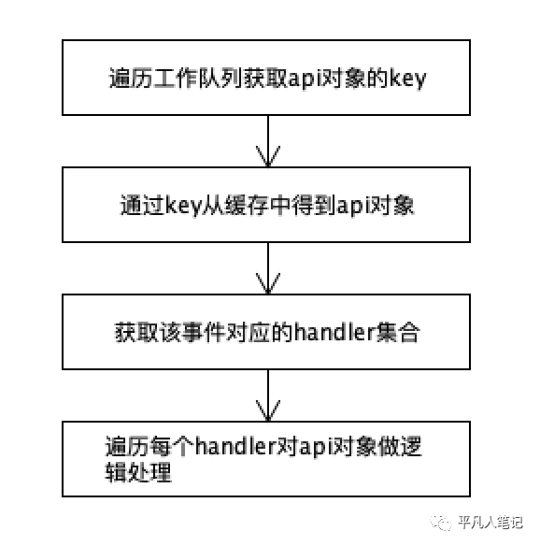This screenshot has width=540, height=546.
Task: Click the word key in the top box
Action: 407,79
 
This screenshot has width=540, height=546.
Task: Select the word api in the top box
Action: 303,79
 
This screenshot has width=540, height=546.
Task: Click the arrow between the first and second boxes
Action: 268,141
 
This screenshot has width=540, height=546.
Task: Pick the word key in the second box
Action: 183,206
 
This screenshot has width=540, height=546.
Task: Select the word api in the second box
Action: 351,206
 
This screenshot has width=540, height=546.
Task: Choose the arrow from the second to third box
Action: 268,268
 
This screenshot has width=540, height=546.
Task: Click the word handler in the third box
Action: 334,332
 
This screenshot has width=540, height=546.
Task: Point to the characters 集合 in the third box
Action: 397,332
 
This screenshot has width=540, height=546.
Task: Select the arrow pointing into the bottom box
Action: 268,395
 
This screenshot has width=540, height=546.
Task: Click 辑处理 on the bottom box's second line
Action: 138,472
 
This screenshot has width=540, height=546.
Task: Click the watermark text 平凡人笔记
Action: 490,523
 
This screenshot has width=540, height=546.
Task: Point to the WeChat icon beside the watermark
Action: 440,523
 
